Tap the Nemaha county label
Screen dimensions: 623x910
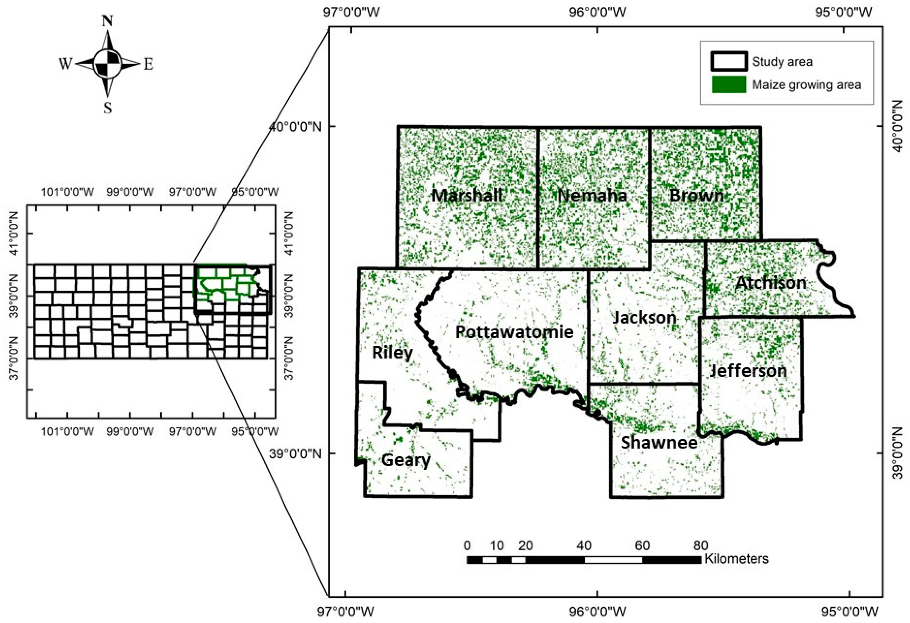click(592, 195)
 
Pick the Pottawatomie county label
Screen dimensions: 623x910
click(514, 332)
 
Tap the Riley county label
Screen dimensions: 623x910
click(392, 353)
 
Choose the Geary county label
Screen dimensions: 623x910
click(406, 460)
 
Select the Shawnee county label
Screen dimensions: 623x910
click(659, 442)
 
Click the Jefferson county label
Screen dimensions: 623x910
click(748, 371)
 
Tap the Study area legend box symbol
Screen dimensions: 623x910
click(729, 61)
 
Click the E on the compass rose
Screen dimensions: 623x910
click(148, 64)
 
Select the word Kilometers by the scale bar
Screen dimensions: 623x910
click(737, 559)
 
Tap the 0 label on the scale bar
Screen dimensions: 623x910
click(467, 545)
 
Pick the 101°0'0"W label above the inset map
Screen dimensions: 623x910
click(68, 192)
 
